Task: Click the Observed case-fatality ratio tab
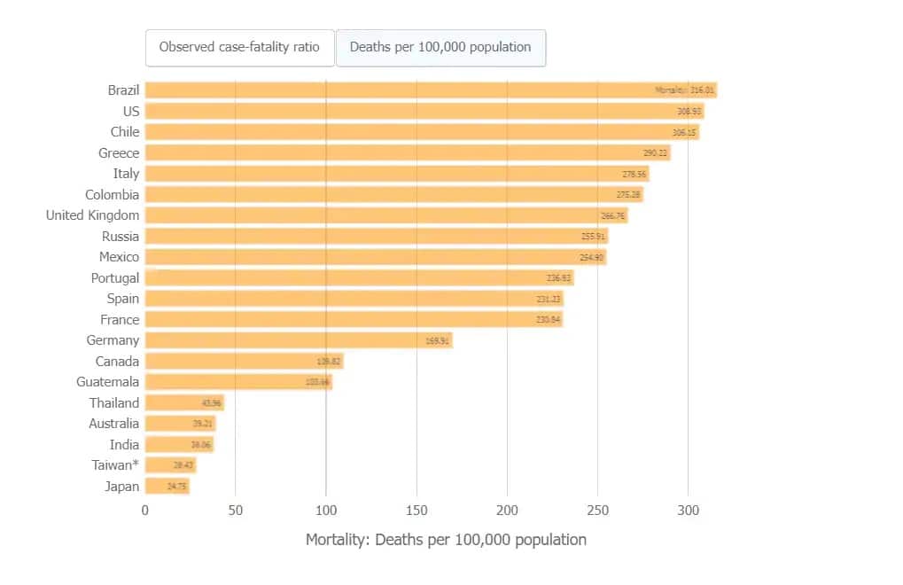click(239, 48)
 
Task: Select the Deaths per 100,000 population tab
click(440, 48)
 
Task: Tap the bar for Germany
click(298, 340)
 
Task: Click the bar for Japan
click(167, 487)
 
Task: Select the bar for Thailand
click(183, 403)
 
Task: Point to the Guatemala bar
click(237, 382)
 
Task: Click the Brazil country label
click(123, 90)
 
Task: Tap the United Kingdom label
click(92, 215)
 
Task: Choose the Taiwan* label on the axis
click(115, 465)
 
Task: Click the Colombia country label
click(112, 195)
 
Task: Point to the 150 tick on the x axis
click(416, 511)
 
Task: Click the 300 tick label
click(688, 511)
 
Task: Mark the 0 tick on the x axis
click(145, 511)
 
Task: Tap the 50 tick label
click(236, 511)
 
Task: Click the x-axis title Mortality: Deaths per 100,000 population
click(446, 540)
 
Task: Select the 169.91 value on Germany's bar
click(438, 340)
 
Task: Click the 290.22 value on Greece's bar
click(656, 153)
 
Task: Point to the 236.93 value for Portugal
click(559, 278)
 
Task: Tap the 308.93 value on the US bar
click(689, 112)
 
